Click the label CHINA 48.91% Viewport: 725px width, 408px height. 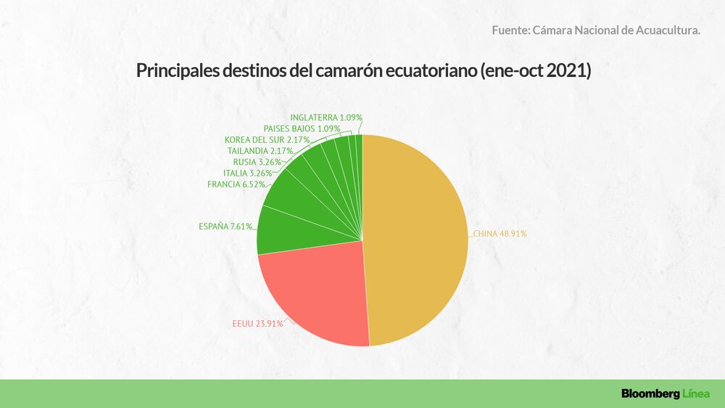[501, 234]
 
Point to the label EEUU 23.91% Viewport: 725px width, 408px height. [252, 324]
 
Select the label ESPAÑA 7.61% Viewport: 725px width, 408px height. [225, 227]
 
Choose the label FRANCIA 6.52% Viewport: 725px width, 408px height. [236, 184]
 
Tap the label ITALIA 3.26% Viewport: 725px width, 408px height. [248, 174]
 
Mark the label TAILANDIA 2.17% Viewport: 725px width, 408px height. [260, 151]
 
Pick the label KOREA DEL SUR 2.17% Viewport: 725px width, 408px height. [267, 139]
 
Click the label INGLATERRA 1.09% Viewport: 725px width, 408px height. [326, 117]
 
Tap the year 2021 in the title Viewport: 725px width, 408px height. [568, 72]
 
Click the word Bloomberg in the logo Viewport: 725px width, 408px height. [649, 393]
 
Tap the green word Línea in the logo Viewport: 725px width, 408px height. [695, 393]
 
